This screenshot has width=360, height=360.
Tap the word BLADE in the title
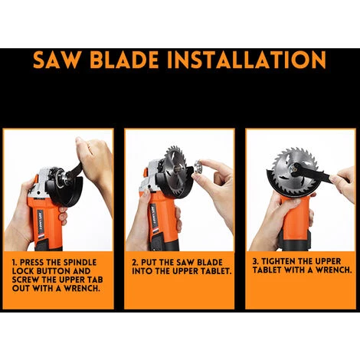124,60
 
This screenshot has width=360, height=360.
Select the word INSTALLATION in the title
247,60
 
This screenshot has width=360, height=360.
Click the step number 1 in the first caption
15,263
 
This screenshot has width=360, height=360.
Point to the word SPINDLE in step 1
80,263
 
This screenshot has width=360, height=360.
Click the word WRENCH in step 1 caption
81,289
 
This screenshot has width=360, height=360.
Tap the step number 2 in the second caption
135,263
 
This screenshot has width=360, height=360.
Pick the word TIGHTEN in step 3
277,261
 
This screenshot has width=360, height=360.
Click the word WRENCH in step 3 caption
334,270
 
